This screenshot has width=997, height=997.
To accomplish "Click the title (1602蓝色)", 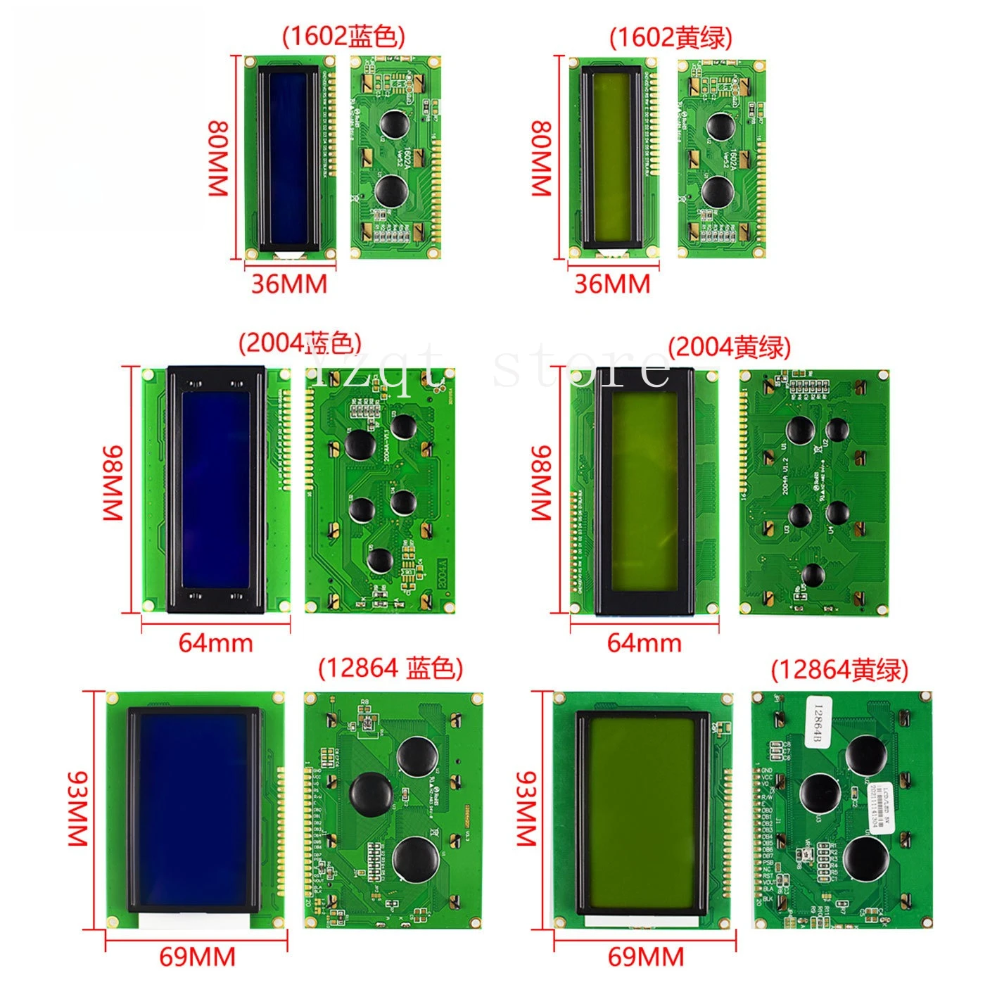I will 343,37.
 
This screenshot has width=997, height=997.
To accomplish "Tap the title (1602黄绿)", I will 671,37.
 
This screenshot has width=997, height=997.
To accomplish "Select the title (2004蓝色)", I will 300,343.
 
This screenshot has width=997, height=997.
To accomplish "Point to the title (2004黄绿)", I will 730,347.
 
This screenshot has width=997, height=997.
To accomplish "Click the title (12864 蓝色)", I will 390,668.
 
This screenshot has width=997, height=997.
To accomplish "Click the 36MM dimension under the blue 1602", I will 289,284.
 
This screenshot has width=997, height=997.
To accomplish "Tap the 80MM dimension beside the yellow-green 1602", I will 540,158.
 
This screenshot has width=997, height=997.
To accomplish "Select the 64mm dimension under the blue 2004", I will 215,643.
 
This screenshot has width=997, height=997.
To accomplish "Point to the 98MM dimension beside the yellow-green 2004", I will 540,482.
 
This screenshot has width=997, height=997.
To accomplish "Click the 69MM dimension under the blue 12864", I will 197,957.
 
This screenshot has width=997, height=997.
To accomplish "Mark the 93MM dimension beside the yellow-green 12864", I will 526,808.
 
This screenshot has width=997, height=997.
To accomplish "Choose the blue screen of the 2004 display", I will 215,489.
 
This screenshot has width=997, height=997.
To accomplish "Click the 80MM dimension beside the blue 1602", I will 218,158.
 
